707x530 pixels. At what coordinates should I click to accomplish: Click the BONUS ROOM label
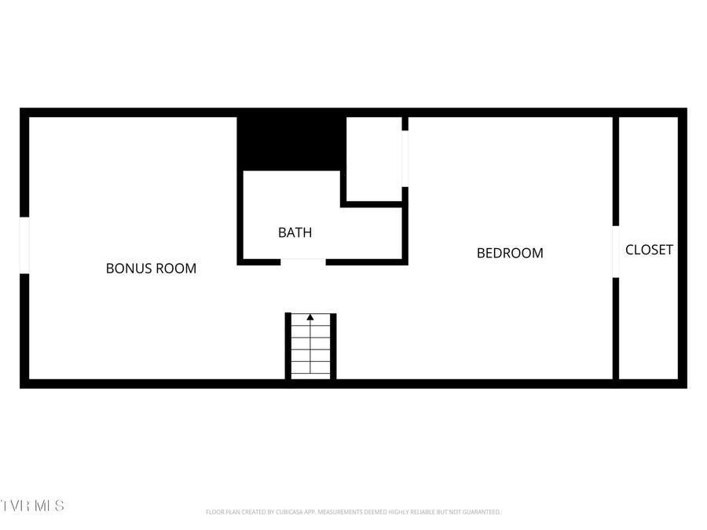pos(151,268)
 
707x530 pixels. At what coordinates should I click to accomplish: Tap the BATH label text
pos(295,232)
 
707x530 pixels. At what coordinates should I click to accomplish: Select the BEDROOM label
pos(510,253)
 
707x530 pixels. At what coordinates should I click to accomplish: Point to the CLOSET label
pos(649,250)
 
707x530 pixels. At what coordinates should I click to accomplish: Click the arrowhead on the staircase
pos(310,317)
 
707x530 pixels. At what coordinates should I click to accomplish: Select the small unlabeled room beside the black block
pos(374,159)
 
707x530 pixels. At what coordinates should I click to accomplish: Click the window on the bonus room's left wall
pos(24,245)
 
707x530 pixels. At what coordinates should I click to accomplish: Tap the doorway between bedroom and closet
pos(616,252)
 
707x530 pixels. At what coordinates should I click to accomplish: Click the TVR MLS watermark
pos(33,505)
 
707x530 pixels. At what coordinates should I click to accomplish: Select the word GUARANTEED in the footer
pos(480,512)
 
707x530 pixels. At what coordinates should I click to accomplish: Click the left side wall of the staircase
pos(288,345)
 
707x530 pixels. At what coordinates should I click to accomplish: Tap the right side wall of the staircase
pos(333,345)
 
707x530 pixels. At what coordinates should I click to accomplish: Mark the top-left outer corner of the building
pos(21,110)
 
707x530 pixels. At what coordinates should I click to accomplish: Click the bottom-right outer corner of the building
pos(685,386)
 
